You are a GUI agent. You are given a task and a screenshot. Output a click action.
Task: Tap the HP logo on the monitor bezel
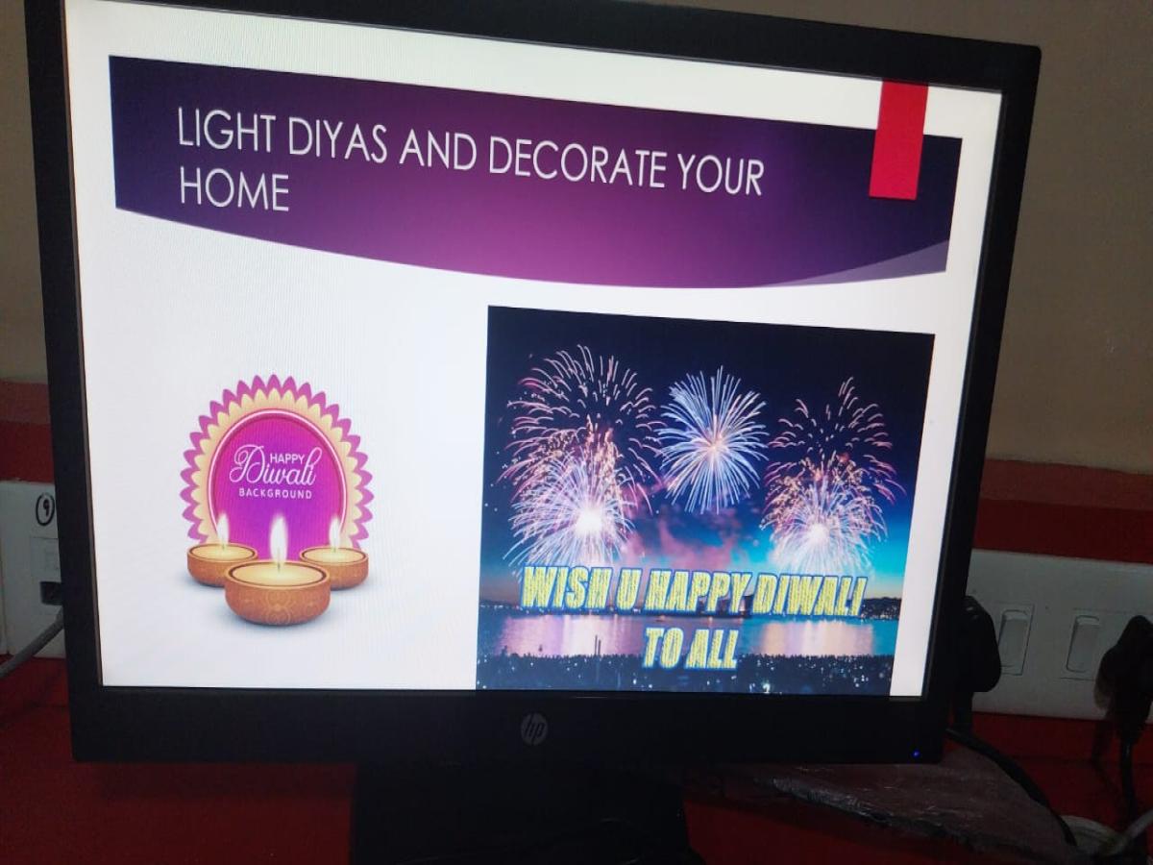point(534,728)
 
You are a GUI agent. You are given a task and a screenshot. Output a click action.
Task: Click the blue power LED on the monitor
point(916,754)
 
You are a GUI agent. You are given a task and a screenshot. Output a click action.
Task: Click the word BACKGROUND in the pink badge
point(276,494)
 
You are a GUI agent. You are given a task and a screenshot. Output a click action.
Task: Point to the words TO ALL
point(689,652)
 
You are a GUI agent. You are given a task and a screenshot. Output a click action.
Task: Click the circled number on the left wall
point(46,507)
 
